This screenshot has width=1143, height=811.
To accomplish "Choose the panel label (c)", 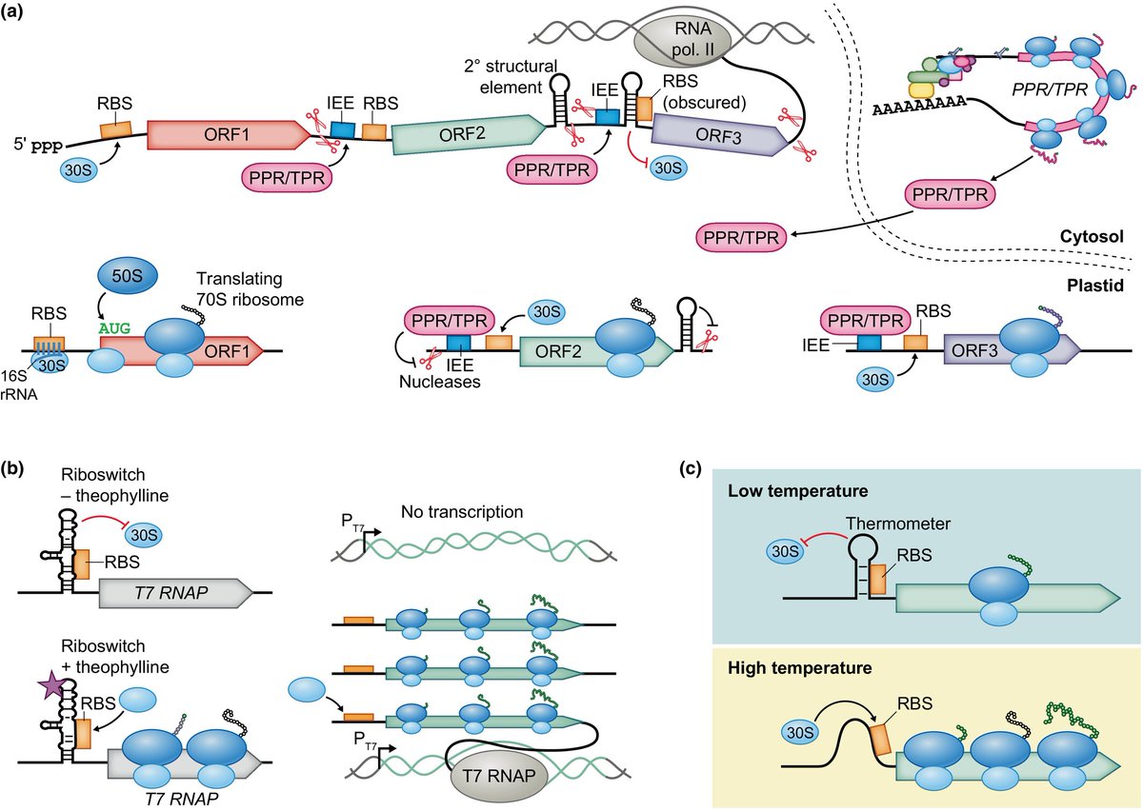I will click(694, 467).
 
